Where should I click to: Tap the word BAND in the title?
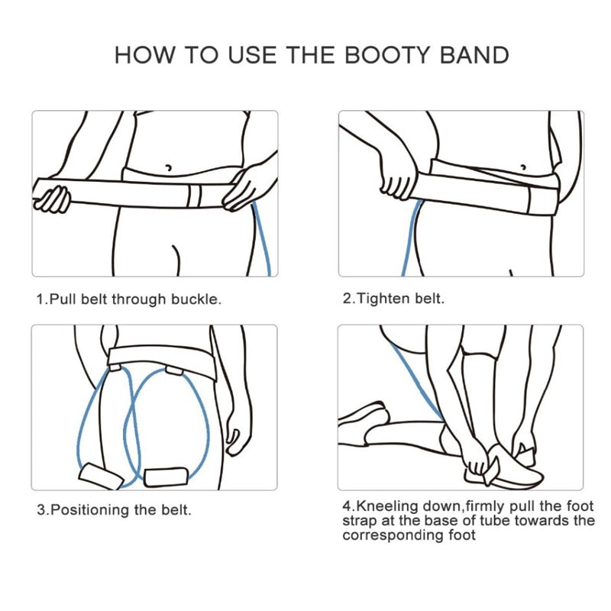474,55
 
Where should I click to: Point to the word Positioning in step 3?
89,510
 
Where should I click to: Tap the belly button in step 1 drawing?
168,168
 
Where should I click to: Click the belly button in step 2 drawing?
523,167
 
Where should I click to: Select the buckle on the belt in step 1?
194,196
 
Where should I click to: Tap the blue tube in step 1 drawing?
263,240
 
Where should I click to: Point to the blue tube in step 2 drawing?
411,238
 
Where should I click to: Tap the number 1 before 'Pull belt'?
40,299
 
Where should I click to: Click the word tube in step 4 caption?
495,521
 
